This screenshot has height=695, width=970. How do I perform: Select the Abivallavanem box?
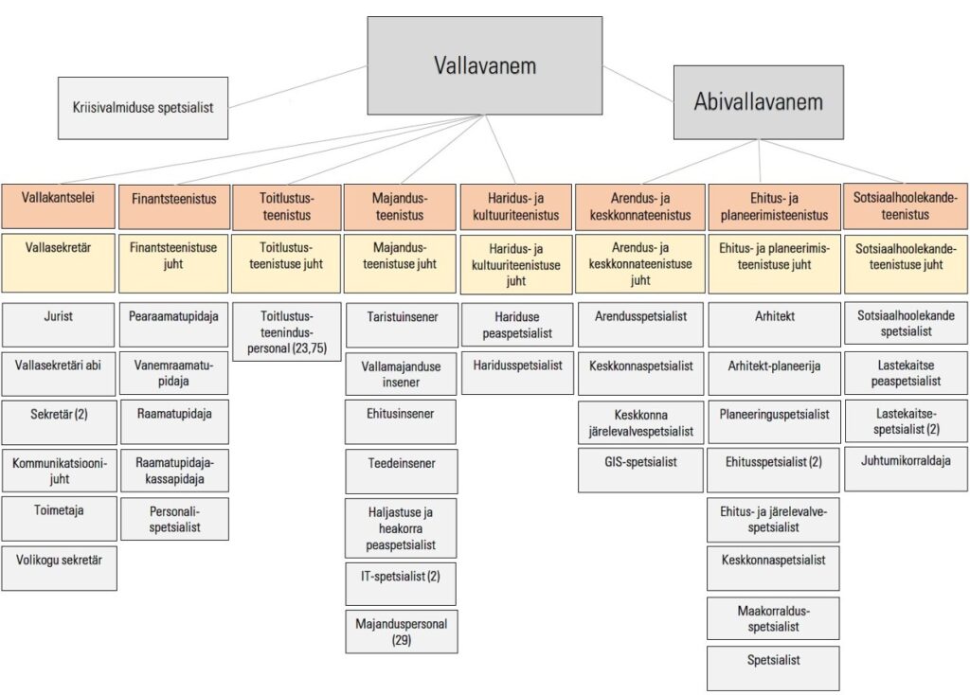758,102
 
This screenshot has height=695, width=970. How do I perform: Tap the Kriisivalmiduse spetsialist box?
143,108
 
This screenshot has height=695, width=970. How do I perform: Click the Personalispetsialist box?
174,519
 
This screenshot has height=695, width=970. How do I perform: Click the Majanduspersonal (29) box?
401,632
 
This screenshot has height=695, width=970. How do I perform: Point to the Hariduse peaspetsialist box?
516,325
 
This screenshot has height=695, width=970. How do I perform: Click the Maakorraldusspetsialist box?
773,618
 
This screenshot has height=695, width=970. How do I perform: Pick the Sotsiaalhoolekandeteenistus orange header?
906,206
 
